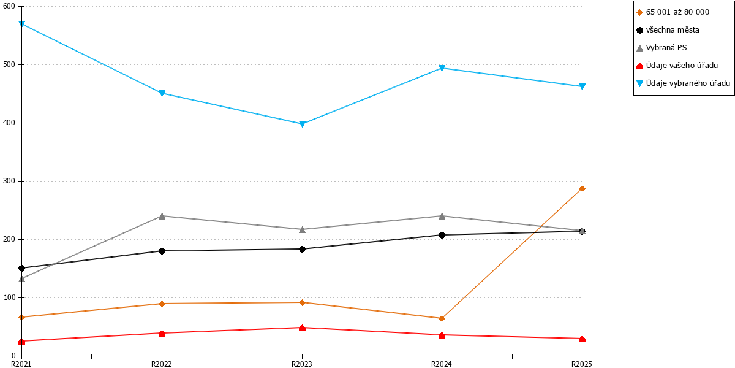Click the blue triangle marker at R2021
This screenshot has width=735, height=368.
[21, 24]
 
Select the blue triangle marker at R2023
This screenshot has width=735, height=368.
[302, 124]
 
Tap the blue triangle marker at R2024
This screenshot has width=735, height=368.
[442, 68]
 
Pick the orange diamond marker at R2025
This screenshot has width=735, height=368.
[582, 189]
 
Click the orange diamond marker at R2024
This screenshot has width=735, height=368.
[442, 318]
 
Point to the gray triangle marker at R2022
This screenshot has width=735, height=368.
[162, 216]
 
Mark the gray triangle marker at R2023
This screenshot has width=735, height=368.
[302, 229]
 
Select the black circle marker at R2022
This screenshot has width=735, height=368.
[162, 251]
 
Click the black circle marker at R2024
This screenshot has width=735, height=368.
[442, 236]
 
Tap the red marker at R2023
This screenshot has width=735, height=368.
[302, 328]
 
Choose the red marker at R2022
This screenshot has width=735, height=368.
[162, 334]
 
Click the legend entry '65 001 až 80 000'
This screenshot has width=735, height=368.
[677, 12]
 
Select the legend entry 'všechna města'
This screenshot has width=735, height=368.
[673, 30]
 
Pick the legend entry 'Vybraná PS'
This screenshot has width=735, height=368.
[666, 48]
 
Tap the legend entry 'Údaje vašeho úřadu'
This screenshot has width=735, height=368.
[682, 66]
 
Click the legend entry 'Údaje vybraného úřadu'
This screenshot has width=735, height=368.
[688, 83]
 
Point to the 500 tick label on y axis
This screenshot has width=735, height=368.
[9, 64]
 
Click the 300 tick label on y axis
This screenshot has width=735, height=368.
[9, 181]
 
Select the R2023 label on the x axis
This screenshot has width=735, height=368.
[302, 364]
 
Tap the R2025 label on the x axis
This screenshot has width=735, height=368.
[581, 364]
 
